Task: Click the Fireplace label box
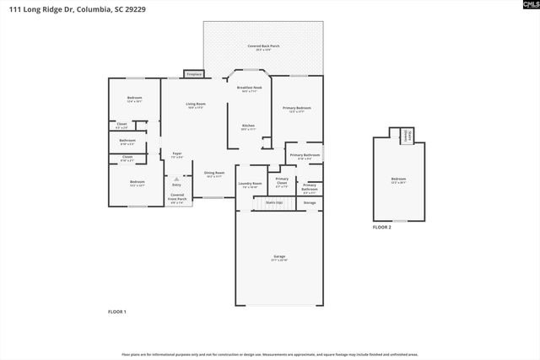[x=193, y=74]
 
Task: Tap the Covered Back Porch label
[x=264, y=47]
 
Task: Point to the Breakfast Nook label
[x=249, y=89]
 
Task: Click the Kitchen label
[x=248, y=127]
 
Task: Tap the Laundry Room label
[x=251, y=184]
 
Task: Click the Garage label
[x=279, y=257]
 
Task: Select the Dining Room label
[x=214, y=174]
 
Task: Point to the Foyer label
[x=177, y=155]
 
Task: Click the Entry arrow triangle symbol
[x=176, y=179]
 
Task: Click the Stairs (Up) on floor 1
[x=274, y=203]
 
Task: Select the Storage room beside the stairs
[x=310, y=203]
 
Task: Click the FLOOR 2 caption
[x=382, y=228]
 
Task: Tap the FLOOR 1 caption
[x=117, y=312]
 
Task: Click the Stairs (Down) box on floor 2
[x=406, y=135]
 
